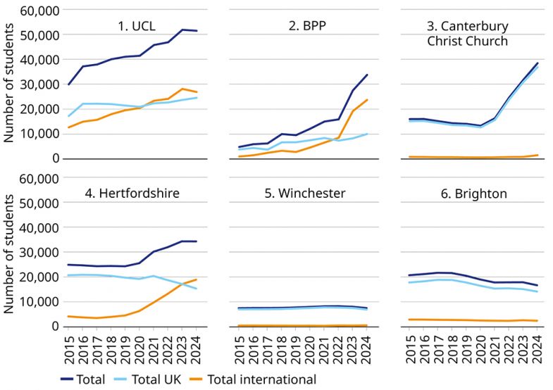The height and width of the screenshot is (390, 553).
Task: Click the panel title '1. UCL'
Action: (137, 27)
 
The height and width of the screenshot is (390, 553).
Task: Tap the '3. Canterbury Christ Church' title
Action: (467, 33)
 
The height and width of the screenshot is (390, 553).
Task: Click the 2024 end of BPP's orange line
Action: (368, 99)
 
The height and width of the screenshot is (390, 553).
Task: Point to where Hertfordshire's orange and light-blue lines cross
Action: (182, 284)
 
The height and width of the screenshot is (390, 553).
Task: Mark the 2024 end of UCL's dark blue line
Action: (197, 31)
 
